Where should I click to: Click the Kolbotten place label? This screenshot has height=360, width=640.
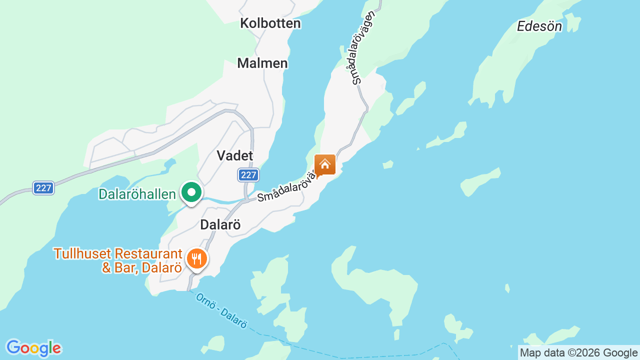point(270,23)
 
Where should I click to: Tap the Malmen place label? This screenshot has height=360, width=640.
point(262,63)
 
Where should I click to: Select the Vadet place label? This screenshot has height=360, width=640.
point(235,155)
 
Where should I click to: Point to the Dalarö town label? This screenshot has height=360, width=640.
point(220,225)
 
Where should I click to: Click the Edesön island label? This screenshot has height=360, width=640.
point(539,26)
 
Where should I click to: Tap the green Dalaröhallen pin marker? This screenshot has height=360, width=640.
point(191,192)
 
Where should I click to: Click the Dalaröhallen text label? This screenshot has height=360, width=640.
point(137,194)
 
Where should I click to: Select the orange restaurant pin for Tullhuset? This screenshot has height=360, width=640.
point(197,259)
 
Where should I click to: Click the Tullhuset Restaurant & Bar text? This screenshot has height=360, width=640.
point(118,260)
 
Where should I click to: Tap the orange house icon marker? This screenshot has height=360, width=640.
point(325,164)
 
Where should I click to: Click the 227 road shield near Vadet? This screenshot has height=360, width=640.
point(248,175)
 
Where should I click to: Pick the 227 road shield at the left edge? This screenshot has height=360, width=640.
point(44,188)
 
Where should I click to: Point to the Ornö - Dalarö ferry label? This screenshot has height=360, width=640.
point(221,310)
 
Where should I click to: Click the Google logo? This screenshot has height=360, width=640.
point(33,348)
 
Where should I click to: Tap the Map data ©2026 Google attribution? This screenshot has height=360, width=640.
point(578,352)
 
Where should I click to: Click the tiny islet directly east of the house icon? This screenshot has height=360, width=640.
point(387,164)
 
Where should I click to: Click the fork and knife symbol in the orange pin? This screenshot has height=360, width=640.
point(197,258)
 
